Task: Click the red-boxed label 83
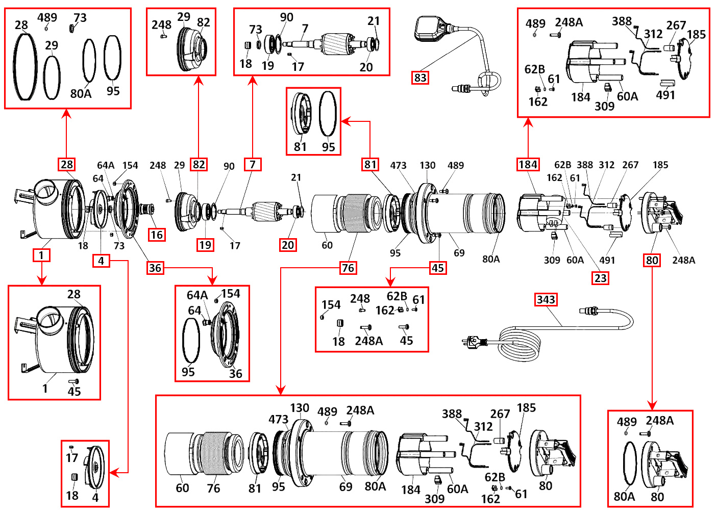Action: pos(420,78)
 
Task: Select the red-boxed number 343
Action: pos(546,299)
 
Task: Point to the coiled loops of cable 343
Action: pos(518,345)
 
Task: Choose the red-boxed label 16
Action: pos(157,235)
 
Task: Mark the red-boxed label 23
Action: pos(601,278)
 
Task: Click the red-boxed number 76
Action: pos(348,268)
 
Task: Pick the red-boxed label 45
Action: pos(438,268)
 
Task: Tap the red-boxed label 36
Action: pos(155,268)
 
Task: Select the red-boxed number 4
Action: pos(101,261)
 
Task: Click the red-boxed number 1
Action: pos(41,255)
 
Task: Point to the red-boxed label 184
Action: pos(528,164)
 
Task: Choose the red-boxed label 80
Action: pos(652,260)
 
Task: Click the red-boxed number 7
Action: pos(253,164)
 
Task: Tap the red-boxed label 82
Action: pos(199,164)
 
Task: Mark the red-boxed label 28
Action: pos(67,164)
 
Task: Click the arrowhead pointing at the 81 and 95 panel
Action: pos(345,121)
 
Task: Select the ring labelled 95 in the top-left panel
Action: pos(112,58)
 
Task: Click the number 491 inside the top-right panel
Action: pos(665,95)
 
